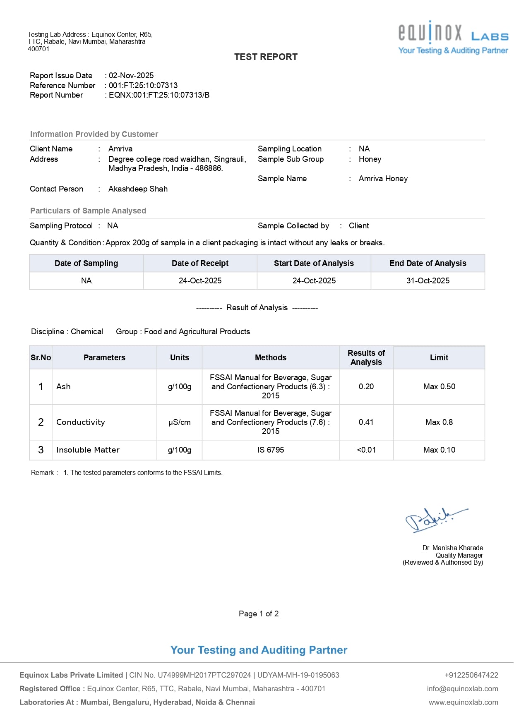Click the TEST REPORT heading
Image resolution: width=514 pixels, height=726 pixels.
coord(266,57)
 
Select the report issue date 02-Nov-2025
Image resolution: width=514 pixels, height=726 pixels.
coord(131,76)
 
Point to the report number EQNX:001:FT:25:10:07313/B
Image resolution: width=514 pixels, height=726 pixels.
coord(159,95)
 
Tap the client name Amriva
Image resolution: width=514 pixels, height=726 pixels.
coord(120,149)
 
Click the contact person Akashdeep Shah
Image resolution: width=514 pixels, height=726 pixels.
coord(138,189)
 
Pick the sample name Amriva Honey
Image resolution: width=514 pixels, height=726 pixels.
coord(383,179)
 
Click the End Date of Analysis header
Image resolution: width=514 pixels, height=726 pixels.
coord(428,264)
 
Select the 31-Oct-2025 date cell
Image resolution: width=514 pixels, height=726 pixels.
coord(428,281)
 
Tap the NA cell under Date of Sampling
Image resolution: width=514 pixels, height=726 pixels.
coord(86,281)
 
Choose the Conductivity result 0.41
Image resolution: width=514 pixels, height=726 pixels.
coord(366,422)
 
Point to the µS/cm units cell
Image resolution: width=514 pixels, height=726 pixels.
coord(179,422)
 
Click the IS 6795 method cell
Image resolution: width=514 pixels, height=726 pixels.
coord(270,450)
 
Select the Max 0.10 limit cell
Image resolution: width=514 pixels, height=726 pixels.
coord(439,450)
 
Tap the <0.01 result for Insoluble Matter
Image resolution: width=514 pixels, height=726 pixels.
coord(366,450)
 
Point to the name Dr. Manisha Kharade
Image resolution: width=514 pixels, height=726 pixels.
coord(452,548)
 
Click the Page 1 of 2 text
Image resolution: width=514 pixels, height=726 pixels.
coord(259,614)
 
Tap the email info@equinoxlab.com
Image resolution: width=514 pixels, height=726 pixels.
coord(462,689)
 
